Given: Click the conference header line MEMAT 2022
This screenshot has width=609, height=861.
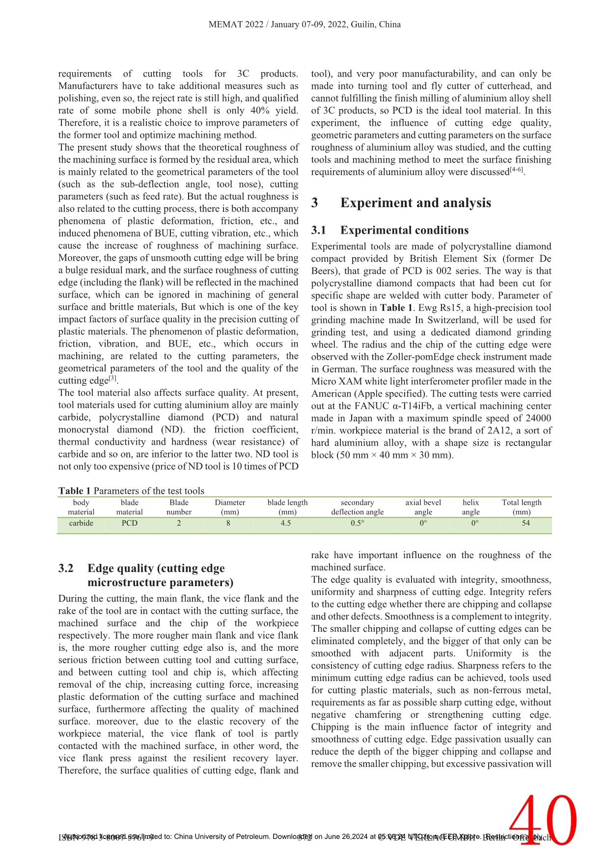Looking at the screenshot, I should [x=304, y=25].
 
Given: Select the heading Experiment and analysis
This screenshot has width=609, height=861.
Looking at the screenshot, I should [x=415, y=203].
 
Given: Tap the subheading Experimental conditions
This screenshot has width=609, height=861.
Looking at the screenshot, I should [x=404, y=230].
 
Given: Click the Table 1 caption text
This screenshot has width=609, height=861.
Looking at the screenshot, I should [x=131, y=491].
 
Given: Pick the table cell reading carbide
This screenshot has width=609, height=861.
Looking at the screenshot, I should [x=81, y=523].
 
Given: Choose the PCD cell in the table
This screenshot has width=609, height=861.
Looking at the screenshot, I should [x=130, y=523].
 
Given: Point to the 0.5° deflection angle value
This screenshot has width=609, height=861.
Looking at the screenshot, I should [x=358, y=523].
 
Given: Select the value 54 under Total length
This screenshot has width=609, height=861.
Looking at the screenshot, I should [x=526, y=523].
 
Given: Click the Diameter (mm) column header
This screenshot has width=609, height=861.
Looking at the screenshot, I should [x=230, y=507].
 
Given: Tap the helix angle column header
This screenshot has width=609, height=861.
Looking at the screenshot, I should [x=471, y=507].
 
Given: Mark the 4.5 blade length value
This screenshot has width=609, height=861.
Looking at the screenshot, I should [x=286, y=523].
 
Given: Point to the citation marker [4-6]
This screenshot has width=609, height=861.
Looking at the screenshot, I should [x=516, y=170].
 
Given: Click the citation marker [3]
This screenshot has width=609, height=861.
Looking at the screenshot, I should [x=112, y=378].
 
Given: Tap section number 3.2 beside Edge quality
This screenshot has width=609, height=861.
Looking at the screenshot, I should [x=66, y=568].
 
